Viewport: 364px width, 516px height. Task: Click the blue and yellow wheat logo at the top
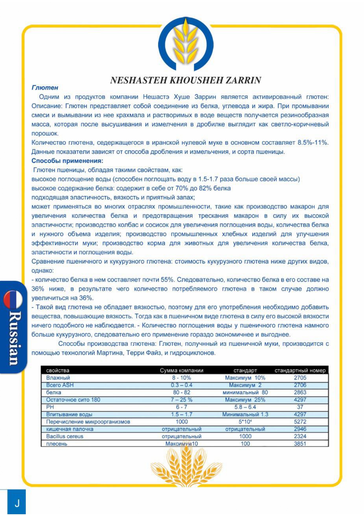click(x=186, y=44)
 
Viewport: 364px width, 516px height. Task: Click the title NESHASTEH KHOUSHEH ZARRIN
click(x=186, y=80)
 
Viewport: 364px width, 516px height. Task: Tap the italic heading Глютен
click(x=45, y=88)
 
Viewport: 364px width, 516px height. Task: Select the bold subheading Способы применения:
click(x=67, y=161)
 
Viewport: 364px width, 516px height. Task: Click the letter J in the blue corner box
click(x=17, y=503)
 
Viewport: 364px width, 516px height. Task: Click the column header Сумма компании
click(x=181, y=370)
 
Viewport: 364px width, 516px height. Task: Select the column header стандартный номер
click(x=300, y=370)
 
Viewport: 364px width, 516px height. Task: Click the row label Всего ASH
click(x=60, y=385)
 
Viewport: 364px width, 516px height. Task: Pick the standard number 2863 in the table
click(x=300, y=393)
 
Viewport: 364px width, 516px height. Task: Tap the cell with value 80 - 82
click(x=181, y=393)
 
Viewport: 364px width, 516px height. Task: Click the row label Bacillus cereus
click(x=65, y=436)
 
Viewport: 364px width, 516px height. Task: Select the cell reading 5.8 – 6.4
click(x=245, y=407)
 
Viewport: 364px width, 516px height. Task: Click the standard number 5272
click(x=300, y=422)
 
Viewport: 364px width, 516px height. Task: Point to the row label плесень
click(x=57, y=444)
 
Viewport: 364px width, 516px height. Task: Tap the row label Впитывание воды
click(x=69, y=415)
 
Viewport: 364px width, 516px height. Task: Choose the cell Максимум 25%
click(x=245, y=400)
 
